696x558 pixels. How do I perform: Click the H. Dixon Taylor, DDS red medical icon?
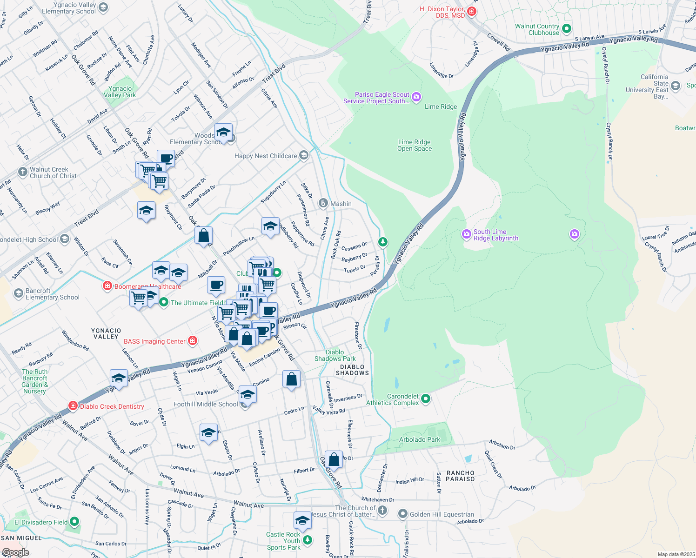(472, 11)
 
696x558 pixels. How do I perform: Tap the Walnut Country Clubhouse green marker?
(567, 29)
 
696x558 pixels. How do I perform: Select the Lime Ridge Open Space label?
(415, 145)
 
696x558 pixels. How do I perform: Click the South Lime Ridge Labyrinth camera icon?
(466, 235)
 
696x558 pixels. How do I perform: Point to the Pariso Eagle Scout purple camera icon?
(416, 97)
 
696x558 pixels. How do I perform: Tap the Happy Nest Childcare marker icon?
(304, 155)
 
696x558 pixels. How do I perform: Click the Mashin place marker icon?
(323, 204)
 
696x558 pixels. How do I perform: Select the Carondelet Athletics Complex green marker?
(425, 399)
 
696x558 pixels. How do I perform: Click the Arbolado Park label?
(420, 439)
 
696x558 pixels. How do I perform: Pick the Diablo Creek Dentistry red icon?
(73, 406)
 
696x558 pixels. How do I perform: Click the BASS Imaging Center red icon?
(192, 341)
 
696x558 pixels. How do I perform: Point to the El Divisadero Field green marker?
(74, 522)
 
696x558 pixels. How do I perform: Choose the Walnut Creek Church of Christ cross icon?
(22, 172)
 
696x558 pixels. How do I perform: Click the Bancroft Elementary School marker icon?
(19, 293)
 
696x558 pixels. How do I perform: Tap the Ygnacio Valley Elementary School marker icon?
(103, 7)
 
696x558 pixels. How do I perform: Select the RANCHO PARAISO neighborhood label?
(461, 476)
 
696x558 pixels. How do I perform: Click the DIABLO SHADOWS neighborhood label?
(352, 370)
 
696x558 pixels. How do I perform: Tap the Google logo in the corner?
(15, 552)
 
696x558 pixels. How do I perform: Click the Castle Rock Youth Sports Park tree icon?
(308, 540)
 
